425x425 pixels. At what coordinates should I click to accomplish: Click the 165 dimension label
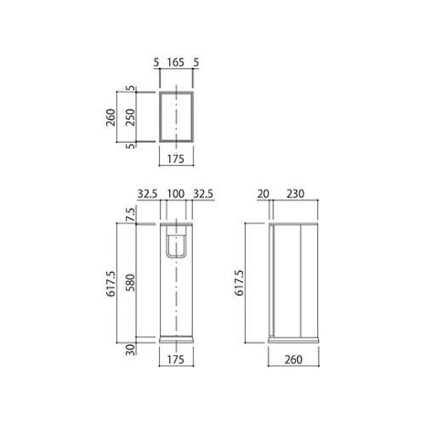(176, 62)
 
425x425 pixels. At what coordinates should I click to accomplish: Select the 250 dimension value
(131, 117)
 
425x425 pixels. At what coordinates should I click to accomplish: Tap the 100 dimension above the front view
(176, 194)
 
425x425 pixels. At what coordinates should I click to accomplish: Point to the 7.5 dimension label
(131, 214)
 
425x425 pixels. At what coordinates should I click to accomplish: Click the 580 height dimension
(131, 282)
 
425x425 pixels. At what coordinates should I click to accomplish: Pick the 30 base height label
(131, 349)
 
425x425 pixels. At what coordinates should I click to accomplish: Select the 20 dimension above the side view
(263, 194)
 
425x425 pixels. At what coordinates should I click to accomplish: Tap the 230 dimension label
(295, 194)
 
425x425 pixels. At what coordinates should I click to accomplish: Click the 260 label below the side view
(293, 360)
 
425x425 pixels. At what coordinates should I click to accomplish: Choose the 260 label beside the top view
(110, 117)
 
